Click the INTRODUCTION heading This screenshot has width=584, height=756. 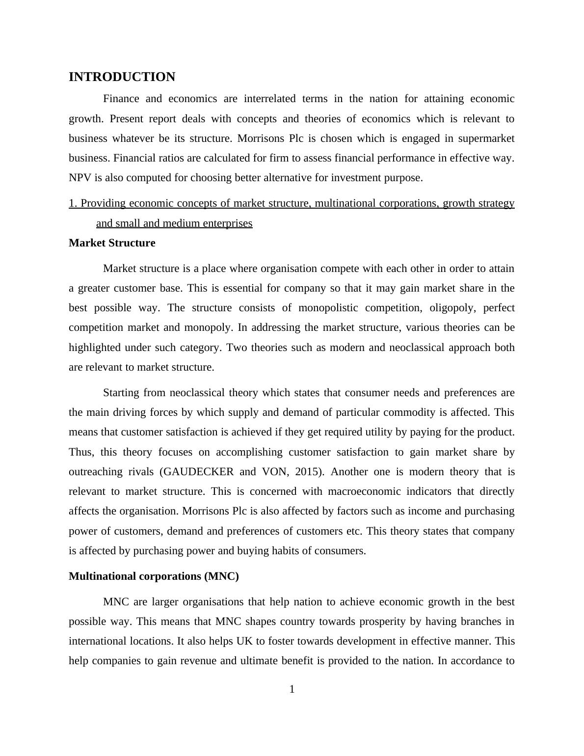[122, 77]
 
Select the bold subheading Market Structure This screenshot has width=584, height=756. [112, 243]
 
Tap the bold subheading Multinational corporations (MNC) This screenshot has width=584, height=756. [154, 576]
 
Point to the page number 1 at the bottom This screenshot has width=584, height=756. [292, 690]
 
